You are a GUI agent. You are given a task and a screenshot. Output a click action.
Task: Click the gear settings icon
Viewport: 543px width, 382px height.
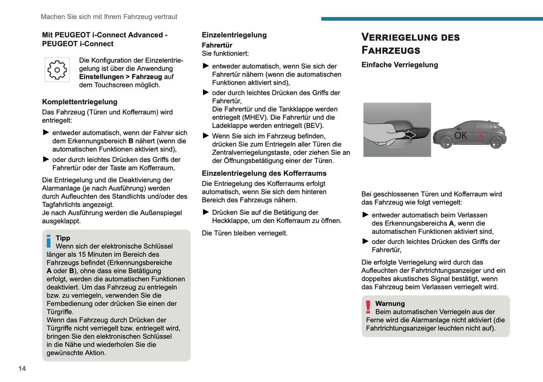click(x=57, y=70)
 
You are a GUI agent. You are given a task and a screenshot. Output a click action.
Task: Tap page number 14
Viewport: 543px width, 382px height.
click(x=22, y=368)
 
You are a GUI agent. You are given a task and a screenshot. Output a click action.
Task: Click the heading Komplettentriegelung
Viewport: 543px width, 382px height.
click(x=80, y=102)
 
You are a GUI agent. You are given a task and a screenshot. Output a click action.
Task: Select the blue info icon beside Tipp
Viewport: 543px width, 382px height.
click(x=49, y=241)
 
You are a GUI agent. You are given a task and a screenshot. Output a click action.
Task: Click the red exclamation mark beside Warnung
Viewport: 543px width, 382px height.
click(x=368, y=307)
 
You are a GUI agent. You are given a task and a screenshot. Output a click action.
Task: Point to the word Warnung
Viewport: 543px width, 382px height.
click(x=390, y=304)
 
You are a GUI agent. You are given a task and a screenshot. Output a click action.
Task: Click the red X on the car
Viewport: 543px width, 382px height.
click(x=481, y=135)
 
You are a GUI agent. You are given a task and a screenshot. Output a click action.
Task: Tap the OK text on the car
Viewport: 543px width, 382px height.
click(x=461, y=135)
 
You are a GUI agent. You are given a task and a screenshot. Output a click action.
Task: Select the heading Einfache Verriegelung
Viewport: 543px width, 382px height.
click(x=400, y=65)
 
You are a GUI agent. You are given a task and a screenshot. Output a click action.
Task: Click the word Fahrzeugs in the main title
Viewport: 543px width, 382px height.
click(x=391, y=50)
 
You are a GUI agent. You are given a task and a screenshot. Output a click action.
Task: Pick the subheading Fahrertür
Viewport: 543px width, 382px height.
click(x=217, y=45)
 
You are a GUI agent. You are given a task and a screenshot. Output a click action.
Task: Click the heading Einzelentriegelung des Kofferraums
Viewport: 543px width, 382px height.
click(x=264, y=173)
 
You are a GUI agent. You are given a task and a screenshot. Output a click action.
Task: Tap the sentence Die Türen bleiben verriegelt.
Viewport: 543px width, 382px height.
click(x=245, y=233)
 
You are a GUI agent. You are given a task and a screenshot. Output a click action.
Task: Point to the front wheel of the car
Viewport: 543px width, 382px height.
click(x=446, y=142)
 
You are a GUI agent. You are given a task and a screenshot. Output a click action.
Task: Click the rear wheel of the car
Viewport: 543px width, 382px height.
click(x=496, y=142)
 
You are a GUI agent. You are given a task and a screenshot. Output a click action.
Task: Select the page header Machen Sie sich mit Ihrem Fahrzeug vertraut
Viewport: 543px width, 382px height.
click(x=109, y=17)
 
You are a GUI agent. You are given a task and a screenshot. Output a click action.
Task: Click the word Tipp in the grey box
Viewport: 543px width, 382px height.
click(x=63, y=238)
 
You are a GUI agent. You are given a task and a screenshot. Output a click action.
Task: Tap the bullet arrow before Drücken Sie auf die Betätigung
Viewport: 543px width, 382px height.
click(x=206, y=212)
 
